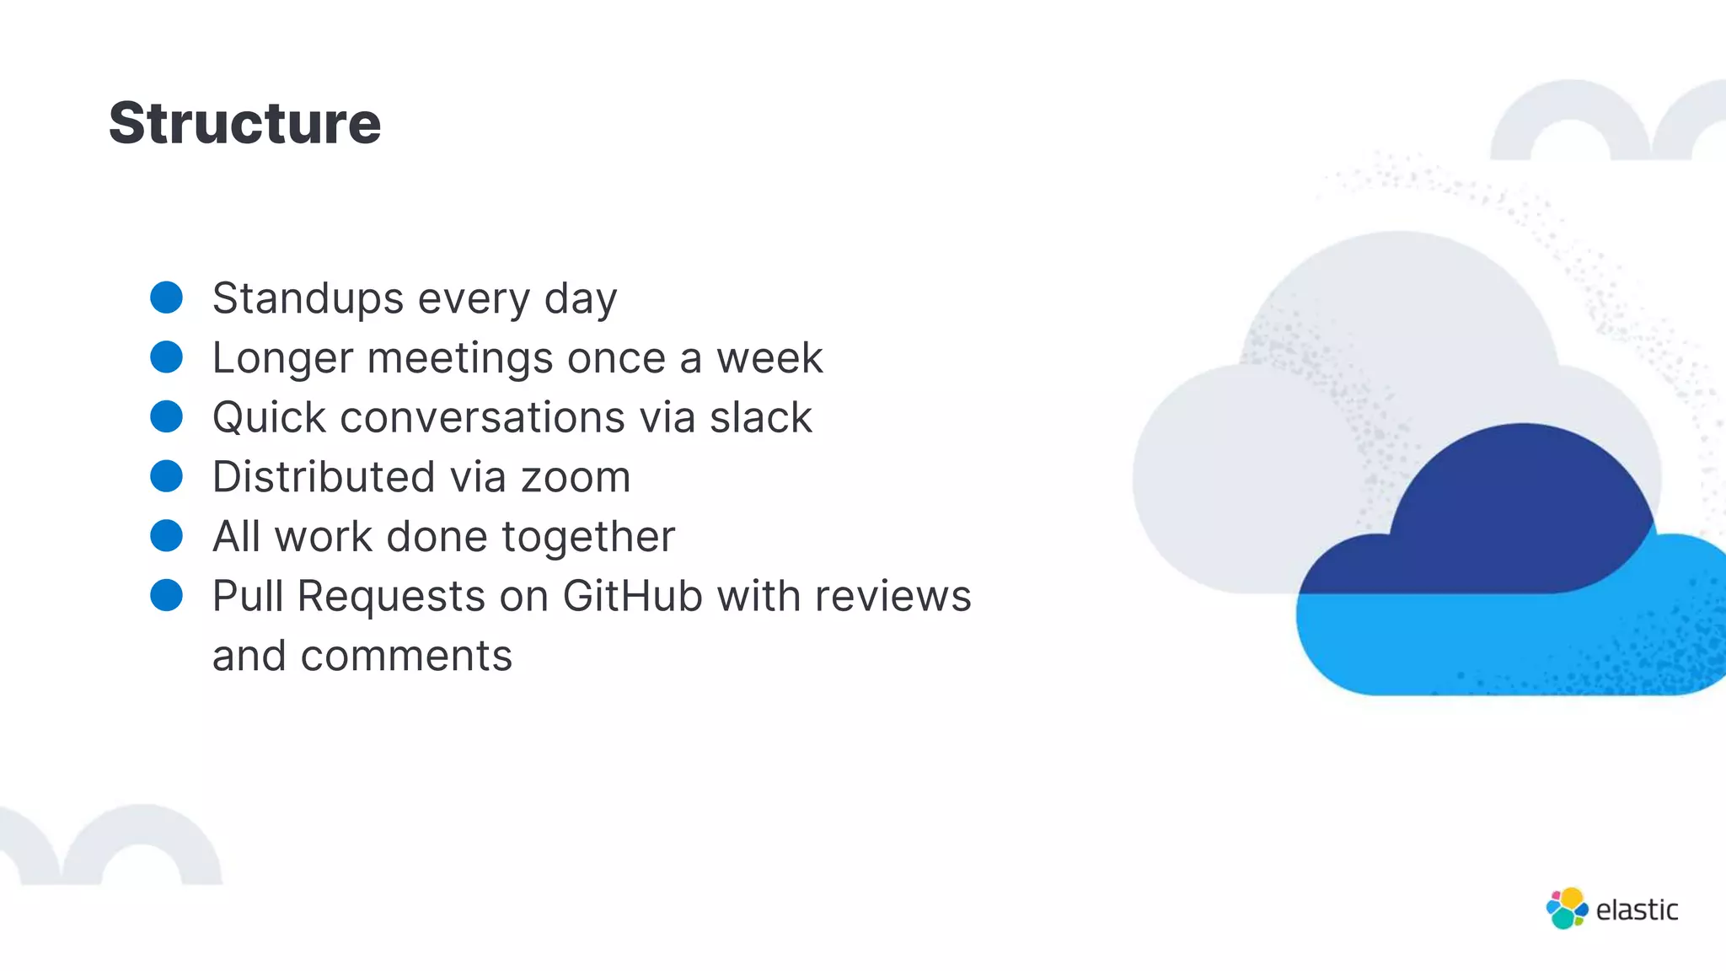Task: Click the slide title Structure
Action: coord(244,123)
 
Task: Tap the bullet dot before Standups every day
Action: coord(166,298)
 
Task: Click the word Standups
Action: coord(308,298)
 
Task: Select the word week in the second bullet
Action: coord(769,358)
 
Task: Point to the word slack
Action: coord(760,417)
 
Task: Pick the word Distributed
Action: coord(324,477)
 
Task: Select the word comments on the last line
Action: coord(406,656)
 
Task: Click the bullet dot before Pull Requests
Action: coord(166,595)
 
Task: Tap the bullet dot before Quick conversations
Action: coord(166,416)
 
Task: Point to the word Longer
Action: coord(282,358)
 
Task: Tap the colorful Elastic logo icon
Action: coord(1567,909)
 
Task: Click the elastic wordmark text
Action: coord(1637,910)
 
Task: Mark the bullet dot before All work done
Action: coord(166,536)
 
